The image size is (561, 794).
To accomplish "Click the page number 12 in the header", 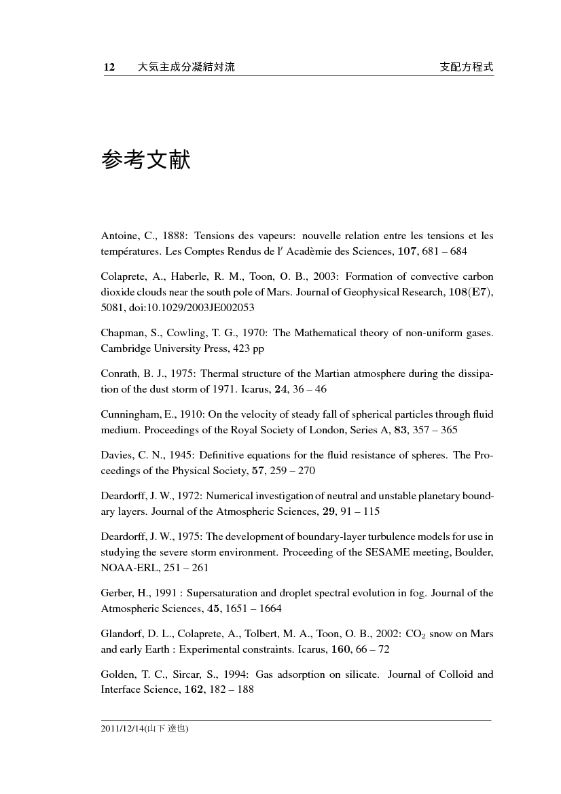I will pyautogui.click(x=108, y=67).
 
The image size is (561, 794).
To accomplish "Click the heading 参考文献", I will pyautogui.click(x=145, y=161).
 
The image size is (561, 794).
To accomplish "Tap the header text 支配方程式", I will pyautogui.click(x=467, y=67).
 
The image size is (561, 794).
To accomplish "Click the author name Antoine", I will pyautogui.click(x=116, y=236).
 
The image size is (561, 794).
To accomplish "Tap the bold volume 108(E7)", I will pyautogui.click(x=467, y=292).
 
